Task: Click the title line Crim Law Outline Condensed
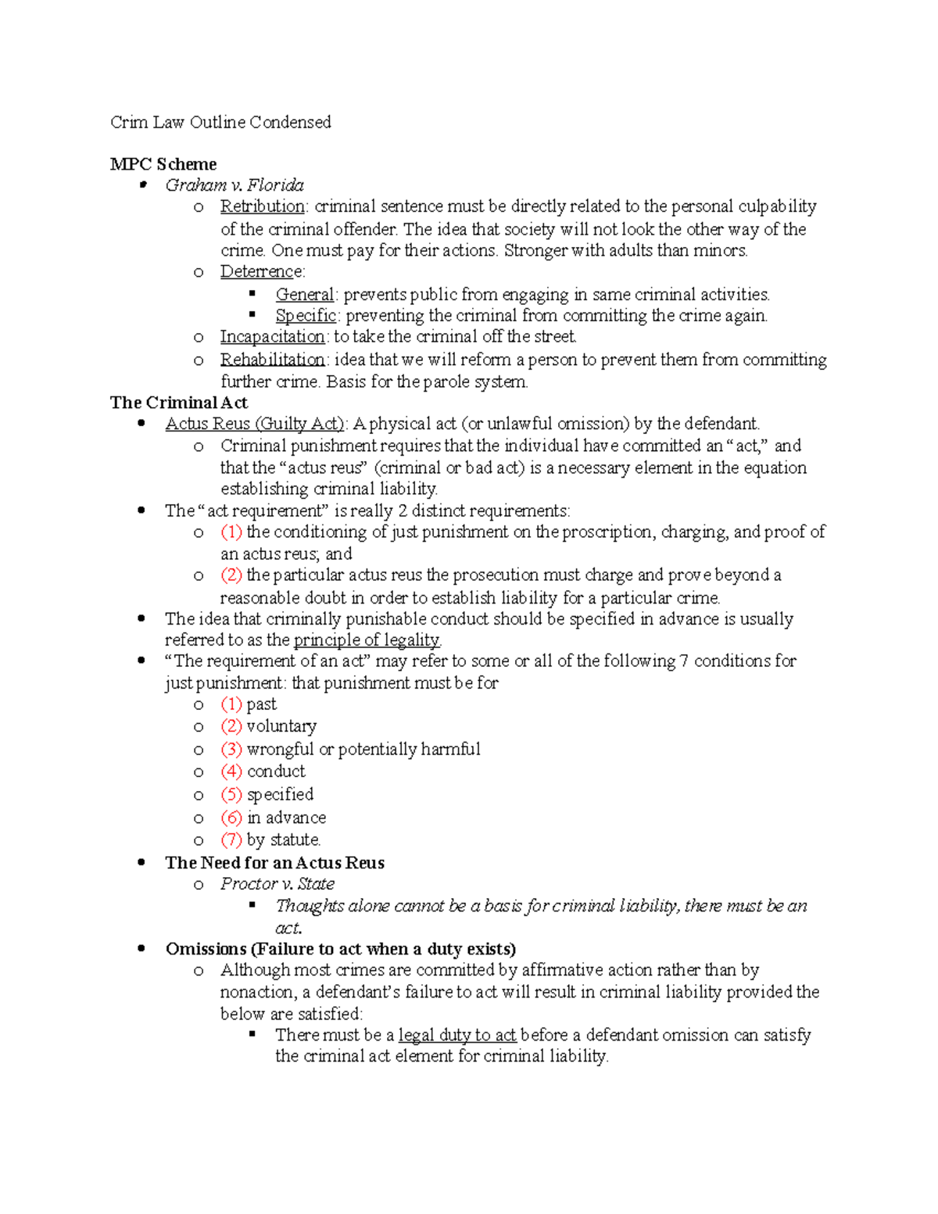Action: pyautogui.click(x=220, y=122)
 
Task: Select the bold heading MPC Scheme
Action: pyautogui.click(x=163, y=164)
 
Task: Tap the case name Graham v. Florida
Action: pyautogui.click(x=234, y=185)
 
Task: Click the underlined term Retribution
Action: pyautogui.click(x=263, y=206)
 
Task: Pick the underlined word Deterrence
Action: pyautogui.click(x=261, y=271)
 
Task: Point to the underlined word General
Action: pyautogui.click(x=305, y=295)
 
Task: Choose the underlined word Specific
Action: pyautogui.click(x=306, y=316)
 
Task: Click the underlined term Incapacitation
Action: pyautogui.click(x=272, y=337)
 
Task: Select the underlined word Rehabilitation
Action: pyautogui.click(x=272, y=360)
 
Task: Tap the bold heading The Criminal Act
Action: pyautogui.click(x=179, y=403)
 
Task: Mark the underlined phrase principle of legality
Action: pyautogui.click(x=367, y=640)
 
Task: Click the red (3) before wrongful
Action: pyautogui.click(x=231, y=749)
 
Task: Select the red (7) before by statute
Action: pyautogui.click(x=231, y=840)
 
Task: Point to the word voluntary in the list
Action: pyautogui.click(x=281, y=726)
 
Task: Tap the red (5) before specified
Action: pyautogui.click(x=231, y=794)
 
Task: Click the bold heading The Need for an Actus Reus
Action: pyautogui.click(x=275, y=863)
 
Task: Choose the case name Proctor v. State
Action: pyautogui.click(x=277, y=884)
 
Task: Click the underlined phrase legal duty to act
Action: pyautogui.click(x=457, y=1035)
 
